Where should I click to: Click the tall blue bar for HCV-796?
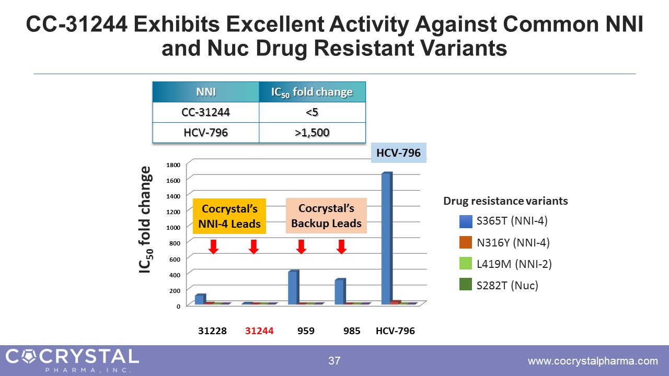pyautogui.click(x=386, y=238)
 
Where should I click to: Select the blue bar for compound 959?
pyautogui.click(x=293, y=287)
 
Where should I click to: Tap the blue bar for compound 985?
pyautogui.click(x=340, y=291)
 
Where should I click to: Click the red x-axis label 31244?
pyautogui.click(x=260, y=331)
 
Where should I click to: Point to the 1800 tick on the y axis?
pyautogui.click(x=174, y=164)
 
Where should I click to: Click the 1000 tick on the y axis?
pyautogui.click(x=174, y=227)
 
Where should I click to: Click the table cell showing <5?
pyautogui.click(x=312, y=112)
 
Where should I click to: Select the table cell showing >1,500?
pyautogui.click(x=312, y=133)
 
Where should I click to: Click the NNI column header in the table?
pyautogui.click(x=205, y=92)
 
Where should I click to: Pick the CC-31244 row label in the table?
pyautogui.click(x=205, y=112)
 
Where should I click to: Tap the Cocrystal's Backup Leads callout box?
pyautogui.click(x=326, y=216)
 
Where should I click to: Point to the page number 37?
pyautogui.click(x=334, y=361)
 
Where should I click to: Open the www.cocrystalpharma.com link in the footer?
pyautogui.click(x=593, y=361)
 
